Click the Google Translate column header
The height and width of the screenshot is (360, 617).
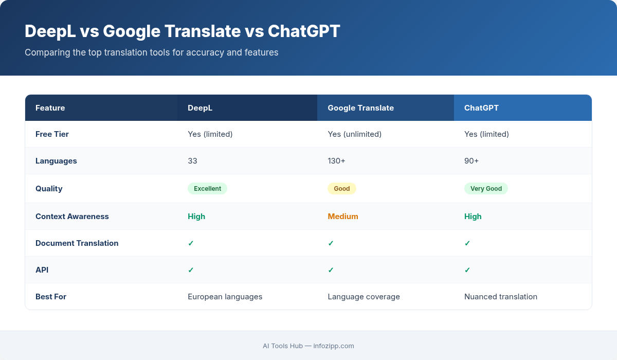[x=360, y=108]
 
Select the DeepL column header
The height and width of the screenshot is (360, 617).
[x=200, y=108]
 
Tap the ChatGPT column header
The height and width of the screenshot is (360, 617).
[x=481, y=108]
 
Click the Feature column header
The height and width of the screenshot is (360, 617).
[x=50, y=108]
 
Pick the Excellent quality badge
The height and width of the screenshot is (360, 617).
[x=207, y=189]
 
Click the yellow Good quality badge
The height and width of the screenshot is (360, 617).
[x=342, y=189]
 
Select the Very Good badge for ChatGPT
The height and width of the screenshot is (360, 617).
[x=486, y=189]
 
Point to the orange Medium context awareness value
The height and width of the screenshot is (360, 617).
[x=343, y=217]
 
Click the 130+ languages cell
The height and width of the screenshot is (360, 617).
[x=337, y=161]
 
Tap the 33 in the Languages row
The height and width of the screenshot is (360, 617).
[x=192, y=161]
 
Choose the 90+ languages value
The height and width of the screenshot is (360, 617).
[x=471, y=161]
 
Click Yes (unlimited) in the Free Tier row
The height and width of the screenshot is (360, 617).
[x=355, y=134]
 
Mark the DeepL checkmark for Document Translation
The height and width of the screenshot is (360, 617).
[x=191, y=243]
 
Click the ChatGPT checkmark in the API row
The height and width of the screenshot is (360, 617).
[x=467, y=270]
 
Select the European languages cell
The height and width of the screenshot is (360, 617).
[x=225, y=297]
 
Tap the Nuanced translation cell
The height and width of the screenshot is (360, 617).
[x=501, y=297]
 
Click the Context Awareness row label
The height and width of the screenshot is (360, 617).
[x=72, y=217]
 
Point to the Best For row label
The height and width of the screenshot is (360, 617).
[x=51, y=297]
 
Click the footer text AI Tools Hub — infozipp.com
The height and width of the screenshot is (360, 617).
[x=308, y=346]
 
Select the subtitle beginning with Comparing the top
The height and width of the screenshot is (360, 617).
[x=152, y=52]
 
